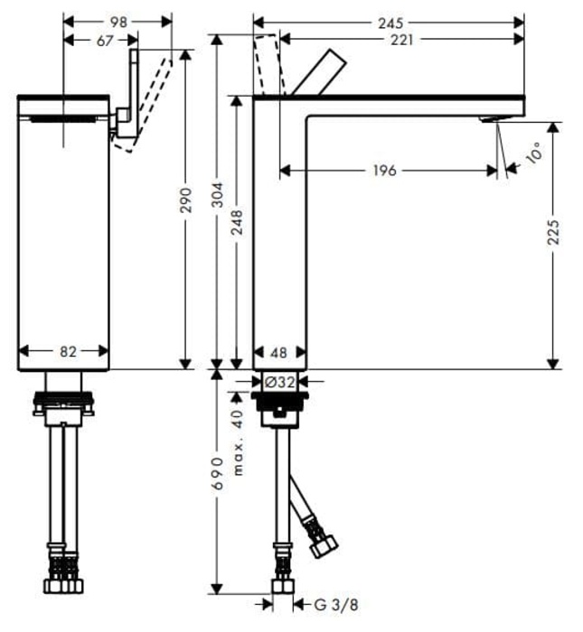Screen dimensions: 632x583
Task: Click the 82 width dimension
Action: [x=68, y=352]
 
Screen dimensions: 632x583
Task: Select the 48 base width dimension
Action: [x=279, y=352]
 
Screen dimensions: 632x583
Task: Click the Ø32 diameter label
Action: [x=281, y=382]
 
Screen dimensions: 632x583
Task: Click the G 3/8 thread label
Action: [x=329, y=604]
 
